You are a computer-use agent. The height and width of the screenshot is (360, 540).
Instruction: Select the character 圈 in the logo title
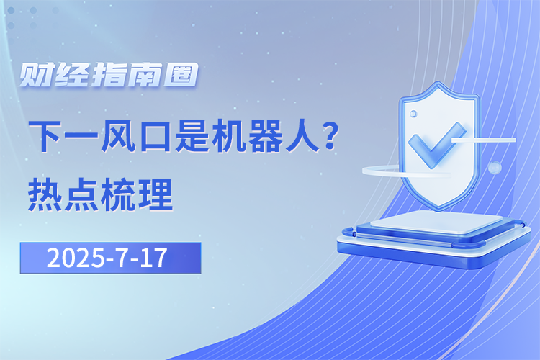pyautogui.click(x=181, y=74)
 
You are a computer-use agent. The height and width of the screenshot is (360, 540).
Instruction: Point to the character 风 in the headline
pyautogui.click(x=117, y=136)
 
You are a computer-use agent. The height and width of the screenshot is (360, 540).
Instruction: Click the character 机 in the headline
pyautogui.click(x=228, y=136)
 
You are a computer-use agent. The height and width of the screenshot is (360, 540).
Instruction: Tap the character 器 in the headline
pyautogui.click(x=264, y=136)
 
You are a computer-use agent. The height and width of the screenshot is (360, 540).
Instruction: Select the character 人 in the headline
pyautogui.click(x=302, y=136)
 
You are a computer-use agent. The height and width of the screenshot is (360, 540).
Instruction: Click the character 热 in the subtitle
pyautogui.click(x=45, y=194)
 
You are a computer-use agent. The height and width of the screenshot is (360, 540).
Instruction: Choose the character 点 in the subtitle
pyautogui.click(x=81, y=194)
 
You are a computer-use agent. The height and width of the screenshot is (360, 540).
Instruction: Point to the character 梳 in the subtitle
pyautogui.click(x=118, y=194)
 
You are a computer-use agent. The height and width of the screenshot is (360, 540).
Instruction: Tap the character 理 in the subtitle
pyautogui.click(x=156, y=194)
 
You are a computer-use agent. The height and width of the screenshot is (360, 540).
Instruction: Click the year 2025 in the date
pyautogui.click(x=76, y=258)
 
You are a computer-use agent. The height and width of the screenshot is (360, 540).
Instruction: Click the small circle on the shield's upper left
pyautogui.click(x=413, y=113)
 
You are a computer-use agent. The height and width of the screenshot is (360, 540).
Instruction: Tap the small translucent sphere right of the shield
pyautogui.click(x=495, y=168)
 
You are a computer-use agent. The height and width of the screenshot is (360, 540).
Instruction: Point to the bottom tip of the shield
pyautogui.click(x=438, y=210)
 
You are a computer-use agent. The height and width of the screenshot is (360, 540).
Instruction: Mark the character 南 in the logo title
pyautogui.click(x=143, y=74)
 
